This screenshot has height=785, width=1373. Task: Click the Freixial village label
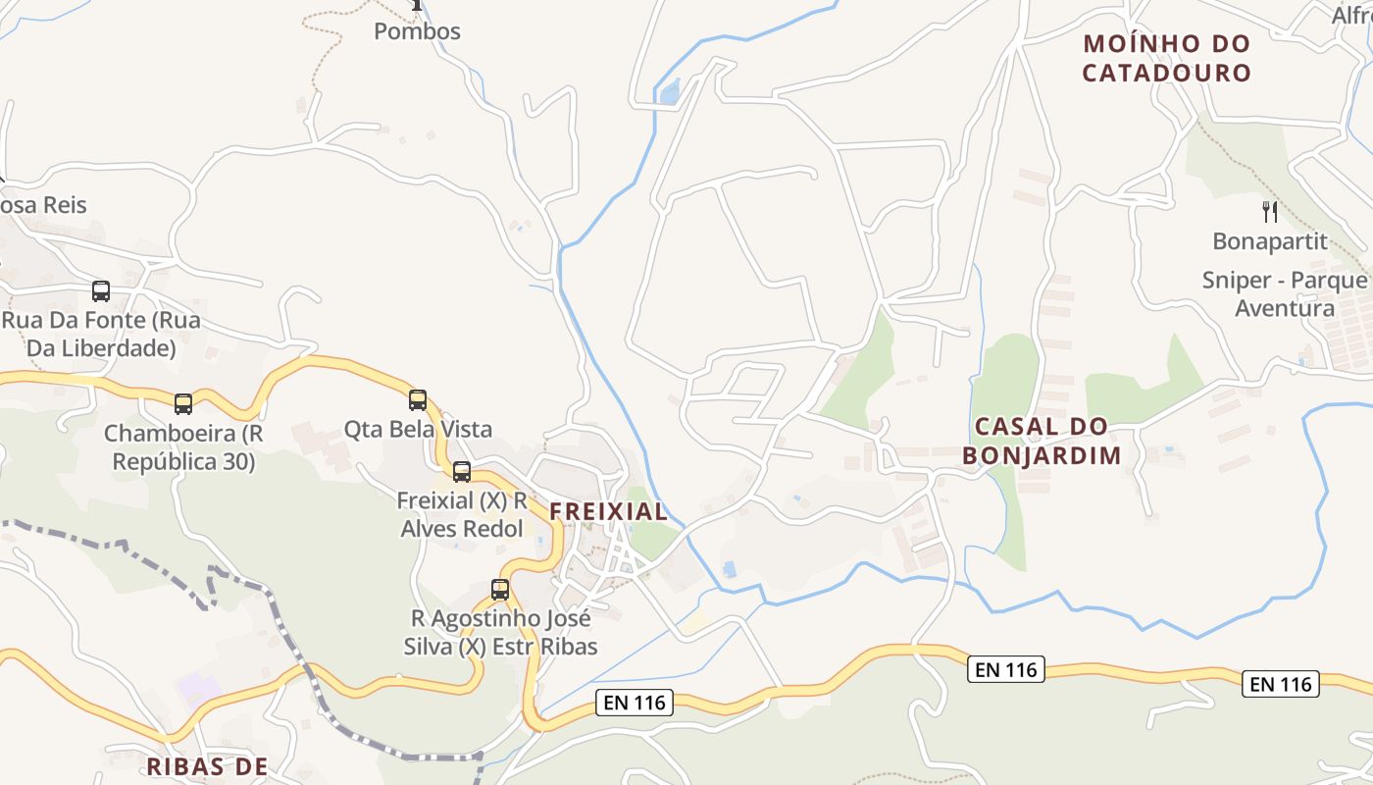608,511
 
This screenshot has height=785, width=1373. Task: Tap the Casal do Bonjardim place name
1042,441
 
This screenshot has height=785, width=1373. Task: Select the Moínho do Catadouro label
1167,58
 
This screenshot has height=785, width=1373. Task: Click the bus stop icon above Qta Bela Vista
418,399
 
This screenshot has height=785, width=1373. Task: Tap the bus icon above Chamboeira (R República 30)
183,403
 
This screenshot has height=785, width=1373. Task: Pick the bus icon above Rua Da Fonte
101,290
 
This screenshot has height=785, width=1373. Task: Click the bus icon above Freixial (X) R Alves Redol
462,471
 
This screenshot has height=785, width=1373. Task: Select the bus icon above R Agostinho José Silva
500,590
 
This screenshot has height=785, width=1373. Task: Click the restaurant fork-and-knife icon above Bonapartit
1270,211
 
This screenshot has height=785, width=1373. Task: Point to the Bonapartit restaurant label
1270,241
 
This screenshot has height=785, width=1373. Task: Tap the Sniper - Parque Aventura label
1285,294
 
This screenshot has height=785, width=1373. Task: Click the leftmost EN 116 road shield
635,702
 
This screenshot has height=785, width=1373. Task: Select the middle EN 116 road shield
1005,670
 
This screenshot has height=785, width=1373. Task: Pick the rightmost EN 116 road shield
1281,684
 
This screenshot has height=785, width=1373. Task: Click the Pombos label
417,31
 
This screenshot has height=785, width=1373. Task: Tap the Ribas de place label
207,766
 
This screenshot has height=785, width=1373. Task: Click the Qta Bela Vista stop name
418,429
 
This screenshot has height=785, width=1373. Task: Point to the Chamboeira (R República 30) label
183,447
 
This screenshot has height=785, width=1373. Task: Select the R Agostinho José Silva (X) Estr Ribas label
500,633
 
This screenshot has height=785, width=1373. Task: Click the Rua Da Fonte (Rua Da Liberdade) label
101,335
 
